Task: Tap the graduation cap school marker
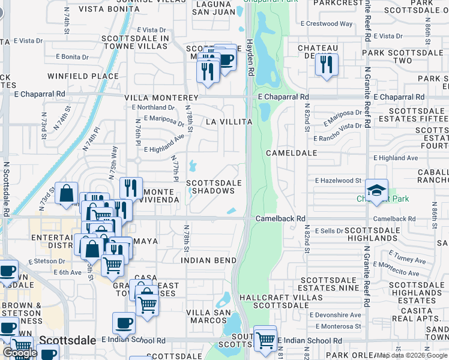click(x=376, y=190)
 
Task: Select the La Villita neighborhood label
click(x=229, y=122)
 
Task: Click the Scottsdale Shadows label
click(x=214, y=187)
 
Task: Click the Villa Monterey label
click(x=161, y=98)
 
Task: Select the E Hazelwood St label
click(x=338, y=181)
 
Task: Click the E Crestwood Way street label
click(x=327, y=24)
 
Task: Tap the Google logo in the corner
click(x=20, y=353)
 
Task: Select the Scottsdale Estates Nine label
click(x=330, y=284)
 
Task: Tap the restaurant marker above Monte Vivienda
click(x=130, y=188)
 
